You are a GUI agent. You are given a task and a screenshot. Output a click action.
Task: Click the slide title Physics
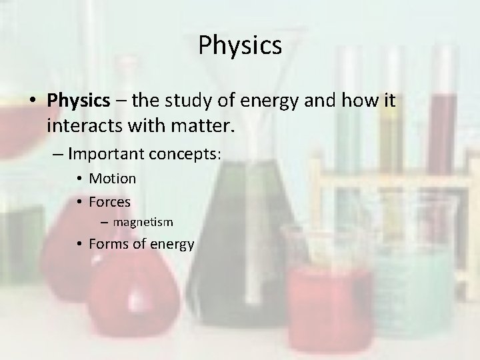tap(240, 45)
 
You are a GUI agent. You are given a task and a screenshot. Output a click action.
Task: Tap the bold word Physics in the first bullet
tap(78, 101)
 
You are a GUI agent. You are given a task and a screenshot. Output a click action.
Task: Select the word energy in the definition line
tap(265, 101)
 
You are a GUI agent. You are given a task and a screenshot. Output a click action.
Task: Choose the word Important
tap(106, 154)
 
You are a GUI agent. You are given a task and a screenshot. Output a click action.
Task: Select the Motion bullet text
tap(112, 179)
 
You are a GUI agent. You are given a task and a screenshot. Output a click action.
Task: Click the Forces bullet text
tap(109, 201)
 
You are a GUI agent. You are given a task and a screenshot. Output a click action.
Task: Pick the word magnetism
tap(143, 222)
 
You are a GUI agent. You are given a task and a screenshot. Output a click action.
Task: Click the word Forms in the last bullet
tap(108, 244)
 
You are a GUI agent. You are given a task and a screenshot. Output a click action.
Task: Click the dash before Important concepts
tap(56, 154)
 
